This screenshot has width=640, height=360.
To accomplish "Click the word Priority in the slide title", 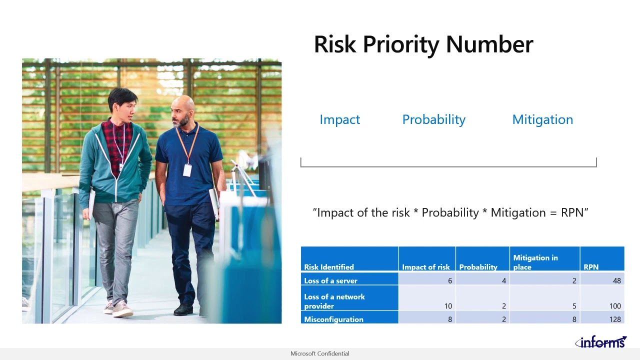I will pyautogui.click(x=401, y=44).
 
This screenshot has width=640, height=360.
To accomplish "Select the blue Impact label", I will pyautogui.click(x=339, y=119).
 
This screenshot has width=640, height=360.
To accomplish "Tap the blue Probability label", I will pyautogui.click(x=433, y=119).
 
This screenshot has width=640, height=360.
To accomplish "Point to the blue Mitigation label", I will pyautogui.click(x=542, y=119).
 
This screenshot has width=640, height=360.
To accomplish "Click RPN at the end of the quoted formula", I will pyautogui.click(x=572, y=212).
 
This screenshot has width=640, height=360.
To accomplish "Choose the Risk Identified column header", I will pyautogui.click(x=328, y=267).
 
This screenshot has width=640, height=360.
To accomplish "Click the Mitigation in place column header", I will pyautogui.click(x=535, y=262).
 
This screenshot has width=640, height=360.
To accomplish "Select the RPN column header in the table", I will pyautogui.click(x=590, y=267).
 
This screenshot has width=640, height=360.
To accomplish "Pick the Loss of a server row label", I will pyautogui.click(x=330, y=280).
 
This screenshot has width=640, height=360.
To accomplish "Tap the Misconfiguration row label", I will pyautogui.click(x=333, y=319).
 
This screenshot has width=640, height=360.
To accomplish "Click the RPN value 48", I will pyautogui.click(x=616, y=280).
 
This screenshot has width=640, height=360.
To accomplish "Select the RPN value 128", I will pyautogui.click(x=614, y=319).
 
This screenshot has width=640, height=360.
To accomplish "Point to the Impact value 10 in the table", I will pyautogui.click(x=447, y=306).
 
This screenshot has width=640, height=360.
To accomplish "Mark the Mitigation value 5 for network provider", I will pyautogui.click(x=574, y=306).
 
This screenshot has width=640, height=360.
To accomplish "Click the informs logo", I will pyautogui.click(x=600, y=342).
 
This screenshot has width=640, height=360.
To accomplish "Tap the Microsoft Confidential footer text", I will pyautogui.click(x=319, y=353).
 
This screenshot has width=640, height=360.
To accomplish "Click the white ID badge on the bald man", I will pyautogui.click(x=187, y=170).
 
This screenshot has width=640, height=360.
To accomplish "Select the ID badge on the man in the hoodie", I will pyautogui.click(x=121, y=166).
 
